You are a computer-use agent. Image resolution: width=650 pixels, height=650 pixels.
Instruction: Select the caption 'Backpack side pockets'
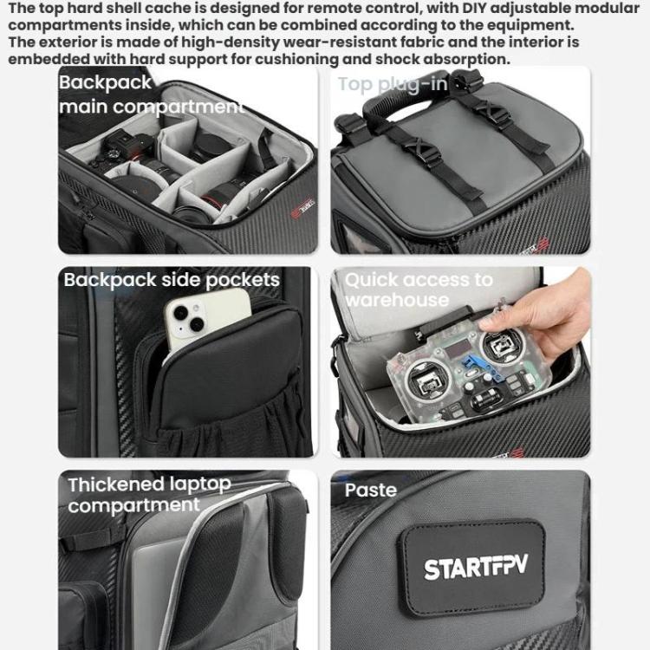pos(172,280)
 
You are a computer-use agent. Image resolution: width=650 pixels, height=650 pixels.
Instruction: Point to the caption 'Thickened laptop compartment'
pos(149,495)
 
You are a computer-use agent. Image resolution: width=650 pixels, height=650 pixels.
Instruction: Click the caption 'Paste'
pos(371,491)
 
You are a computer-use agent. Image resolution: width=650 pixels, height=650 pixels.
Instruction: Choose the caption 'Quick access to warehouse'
pos(418,289)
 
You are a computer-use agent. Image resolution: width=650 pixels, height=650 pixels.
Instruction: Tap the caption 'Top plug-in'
pos(393,84)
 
